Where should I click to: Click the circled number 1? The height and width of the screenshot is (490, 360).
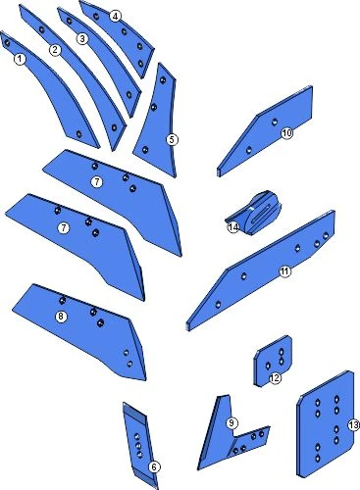tap(20, 60)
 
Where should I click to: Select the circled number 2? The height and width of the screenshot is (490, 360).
tap(55, 50)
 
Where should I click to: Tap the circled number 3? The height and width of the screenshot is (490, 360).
tap(82, 39)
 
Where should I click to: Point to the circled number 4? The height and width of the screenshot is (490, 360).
tap(115, 16)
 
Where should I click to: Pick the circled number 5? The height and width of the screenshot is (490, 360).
tap(172, 140)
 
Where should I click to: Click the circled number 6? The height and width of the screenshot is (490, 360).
tap(154, 466)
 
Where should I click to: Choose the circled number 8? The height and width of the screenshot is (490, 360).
tap(61, 317)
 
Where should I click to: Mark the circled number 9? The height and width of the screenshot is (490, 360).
tap(231, 423)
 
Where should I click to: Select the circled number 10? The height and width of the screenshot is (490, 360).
tap(286, 133)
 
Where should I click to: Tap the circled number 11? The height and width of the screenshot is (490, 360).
tap(284, 271)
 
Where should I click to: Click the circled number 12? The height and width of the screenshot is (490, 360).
tap(275, 378)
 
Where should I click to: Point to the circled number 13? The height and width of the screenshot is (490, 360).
tap(353, 425)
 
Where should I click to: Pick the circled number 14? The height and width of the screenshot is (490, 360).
tap(233, 227)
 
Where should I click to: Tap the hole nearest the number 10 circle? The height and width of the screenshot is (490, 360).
tap(275, 122)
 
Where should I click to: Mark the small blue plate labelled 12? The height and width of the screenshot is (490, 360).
tap(273, 361)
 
